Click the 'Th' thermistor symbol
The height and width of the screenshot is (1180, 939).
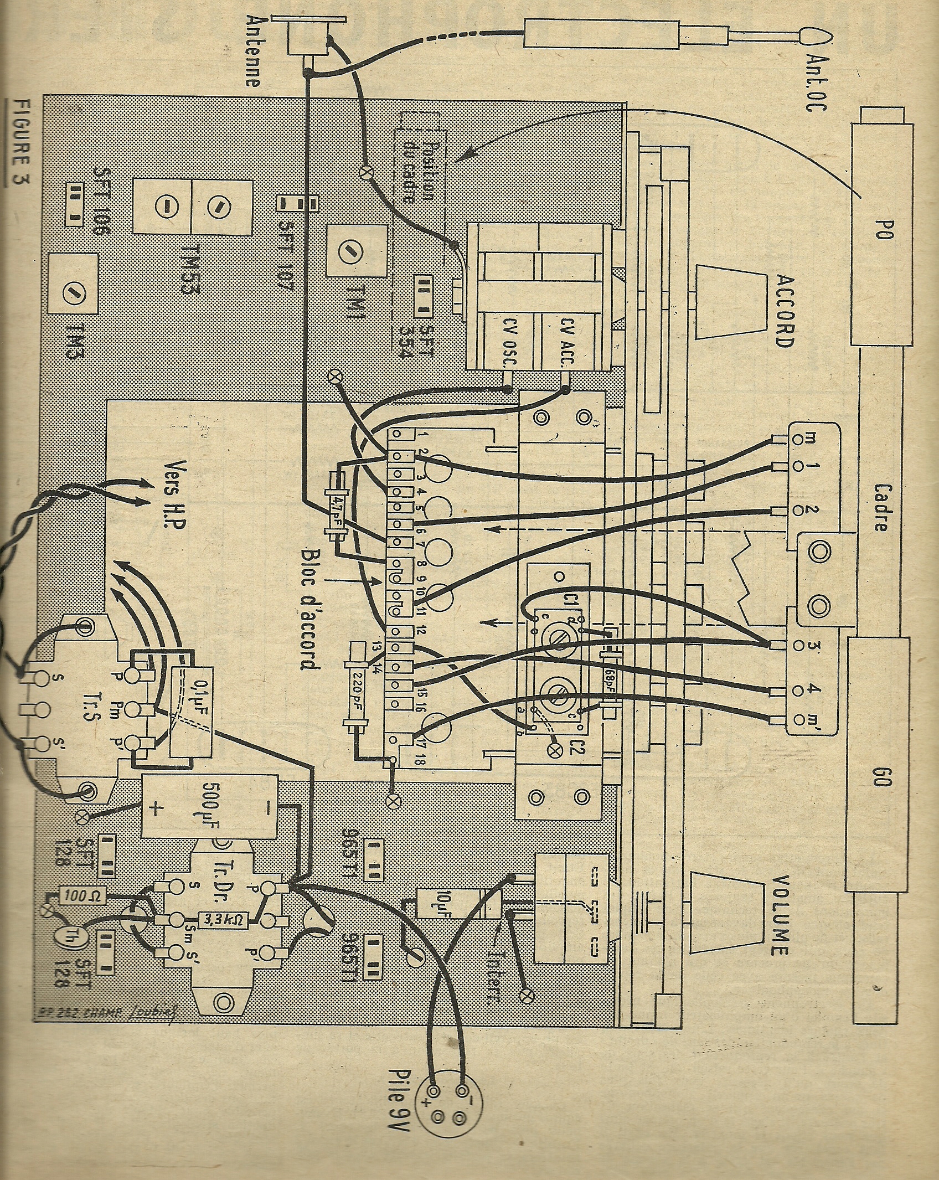point(66,939)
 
